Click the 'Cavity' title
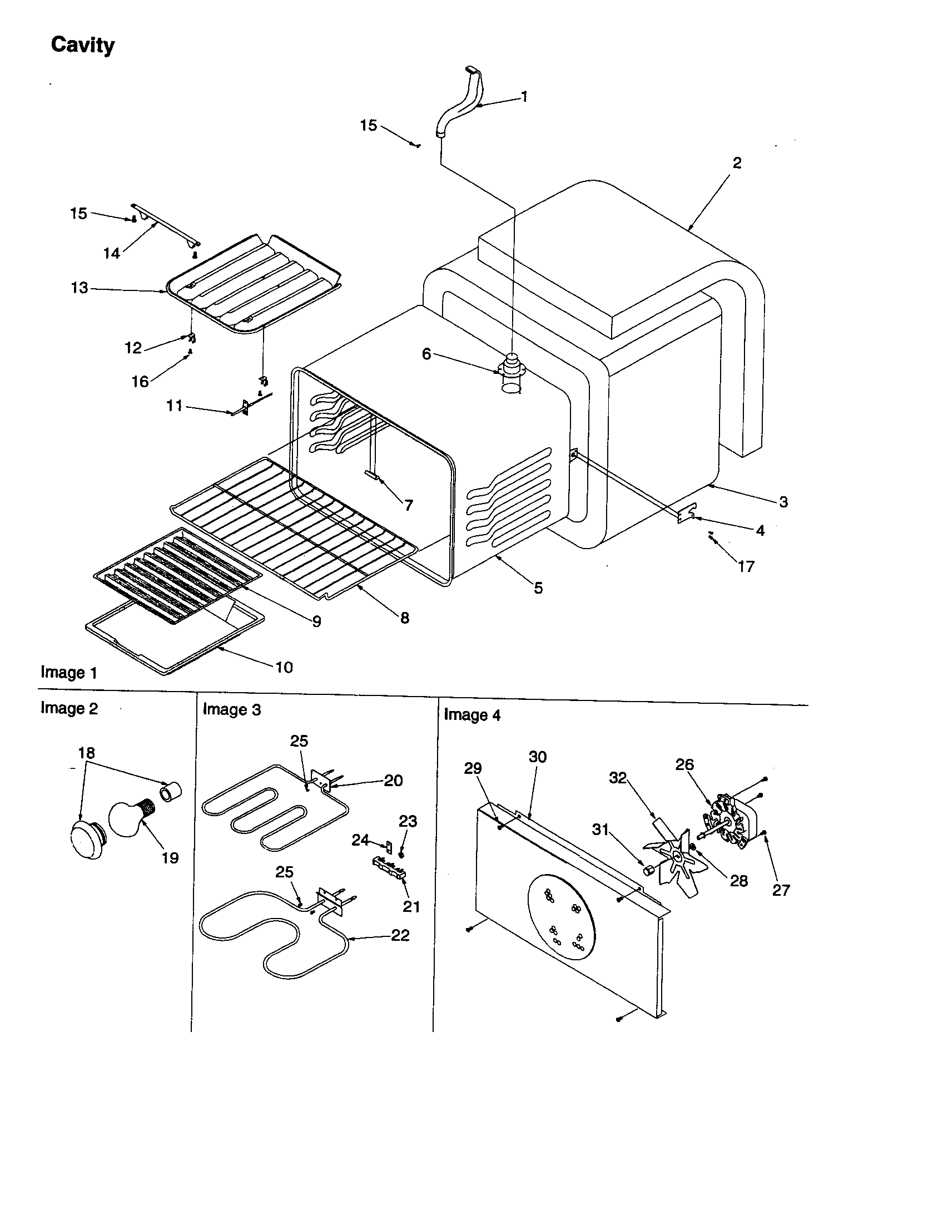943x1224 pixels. point(82,45)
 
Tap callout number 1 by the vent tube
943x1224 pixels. point(524,97)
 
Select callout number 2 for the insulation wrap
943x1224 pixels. point(737,163)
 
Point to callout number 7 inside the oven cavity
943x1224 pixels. point(409,506)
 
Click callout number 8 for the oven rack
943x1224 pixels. point(404,618)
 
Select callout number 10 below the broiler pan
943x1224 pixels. point(284,667)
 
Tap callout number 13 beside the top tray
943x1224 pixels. point(80,288)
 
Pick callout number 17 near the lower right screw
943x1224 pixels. point(746,566)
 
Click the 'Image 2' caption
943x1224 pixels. point(69,708)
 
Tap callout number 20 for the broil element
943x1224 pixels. point(393,781)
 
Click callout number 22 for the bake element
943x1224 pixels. point(400,935)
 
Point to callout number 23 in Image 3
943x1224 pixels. point(408,822)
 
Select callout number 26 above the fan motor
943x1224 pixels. point(684,764)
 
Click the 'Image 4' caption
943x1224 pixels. point(472,714)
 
